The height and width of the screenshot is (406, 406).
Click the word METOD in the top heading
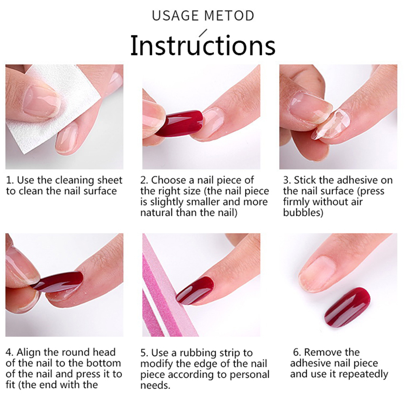click(x=229, y=15)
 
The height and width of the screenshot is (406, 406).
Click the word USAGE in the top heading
click(x=175, y=15)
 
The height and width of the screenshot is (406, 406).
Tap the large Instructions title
click(x=203, y=45)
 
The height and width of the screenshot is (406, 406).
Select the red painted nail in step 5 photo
click(x=195, y=290)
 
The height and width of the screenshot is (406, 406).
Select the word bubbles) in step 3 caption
click(x=303, y=213)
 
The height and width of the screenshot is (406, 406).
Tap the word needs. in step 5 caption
click(x=155, y=386)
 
